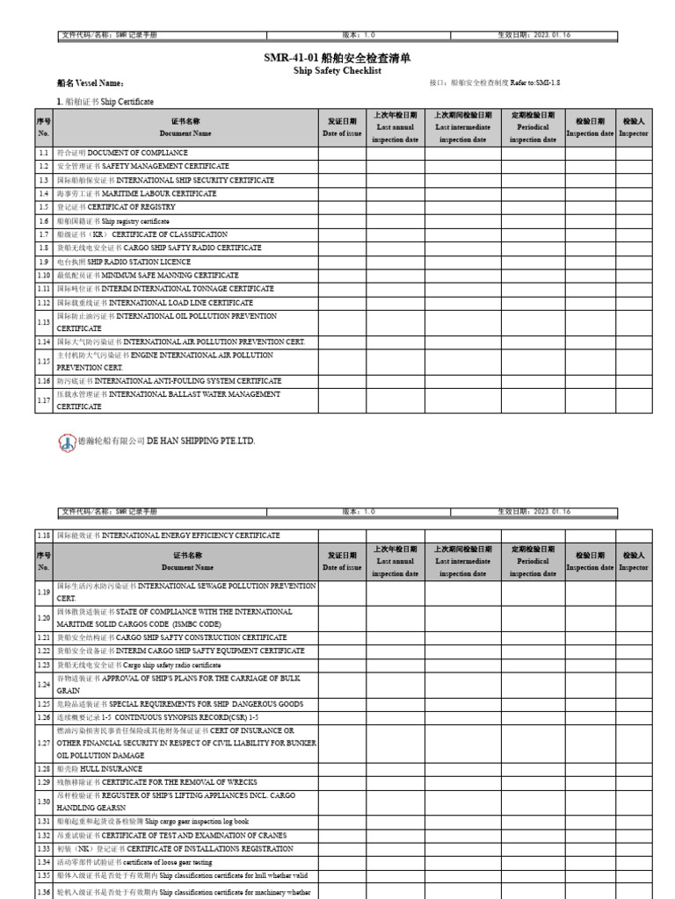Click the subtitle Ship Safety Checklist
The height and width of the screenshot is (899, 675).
click(337, 70)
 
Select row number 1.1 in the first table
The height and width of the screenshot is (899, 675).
click(43, 153)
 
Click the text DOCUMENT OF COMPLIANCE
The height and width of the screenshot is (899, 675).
click(137, 153)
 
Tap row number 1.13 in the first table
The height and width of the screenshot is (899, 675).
click(43, 322)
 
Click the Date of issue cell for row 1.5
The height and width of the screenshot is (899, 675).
click(342, 207)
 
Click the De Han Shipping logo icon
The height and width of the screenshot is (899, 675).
click(67, 441)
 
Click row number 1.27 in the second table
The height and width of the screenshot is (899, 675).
click(43, 743)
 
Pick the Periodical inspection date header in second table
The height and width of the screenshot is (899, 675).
click(533, 561)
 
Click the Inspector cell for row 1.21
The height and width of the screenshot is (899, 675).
click(634, 637)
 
